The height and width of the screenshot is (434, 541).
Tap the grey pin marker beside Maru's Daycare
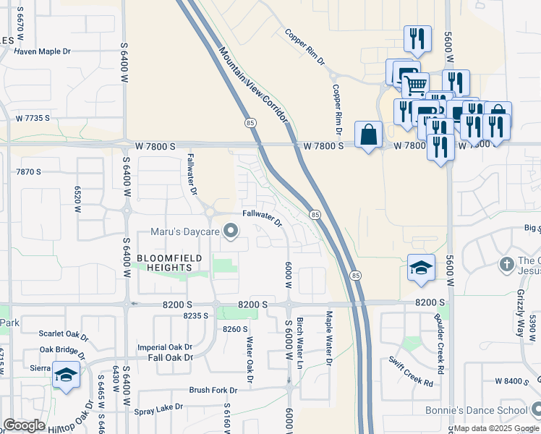(x=231, y=231)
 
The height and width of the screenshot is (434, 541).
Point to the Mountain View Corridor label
(x=253, y=83)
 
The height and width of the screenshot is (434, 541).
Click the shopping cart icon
(x=414, y=85)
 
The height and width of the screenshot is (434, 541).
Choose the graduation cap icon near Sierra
(x=66, y=375)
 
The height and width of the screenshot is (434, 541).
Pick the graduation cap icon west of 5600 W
(x=421, y=268)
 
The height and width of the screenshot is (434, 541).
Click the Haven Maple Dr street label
(x=43, y=51)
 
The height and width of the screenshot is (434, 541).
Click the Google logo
(x=24, y=425)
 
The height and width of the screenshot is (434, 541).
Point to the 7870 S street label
(x=29, y=171)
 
